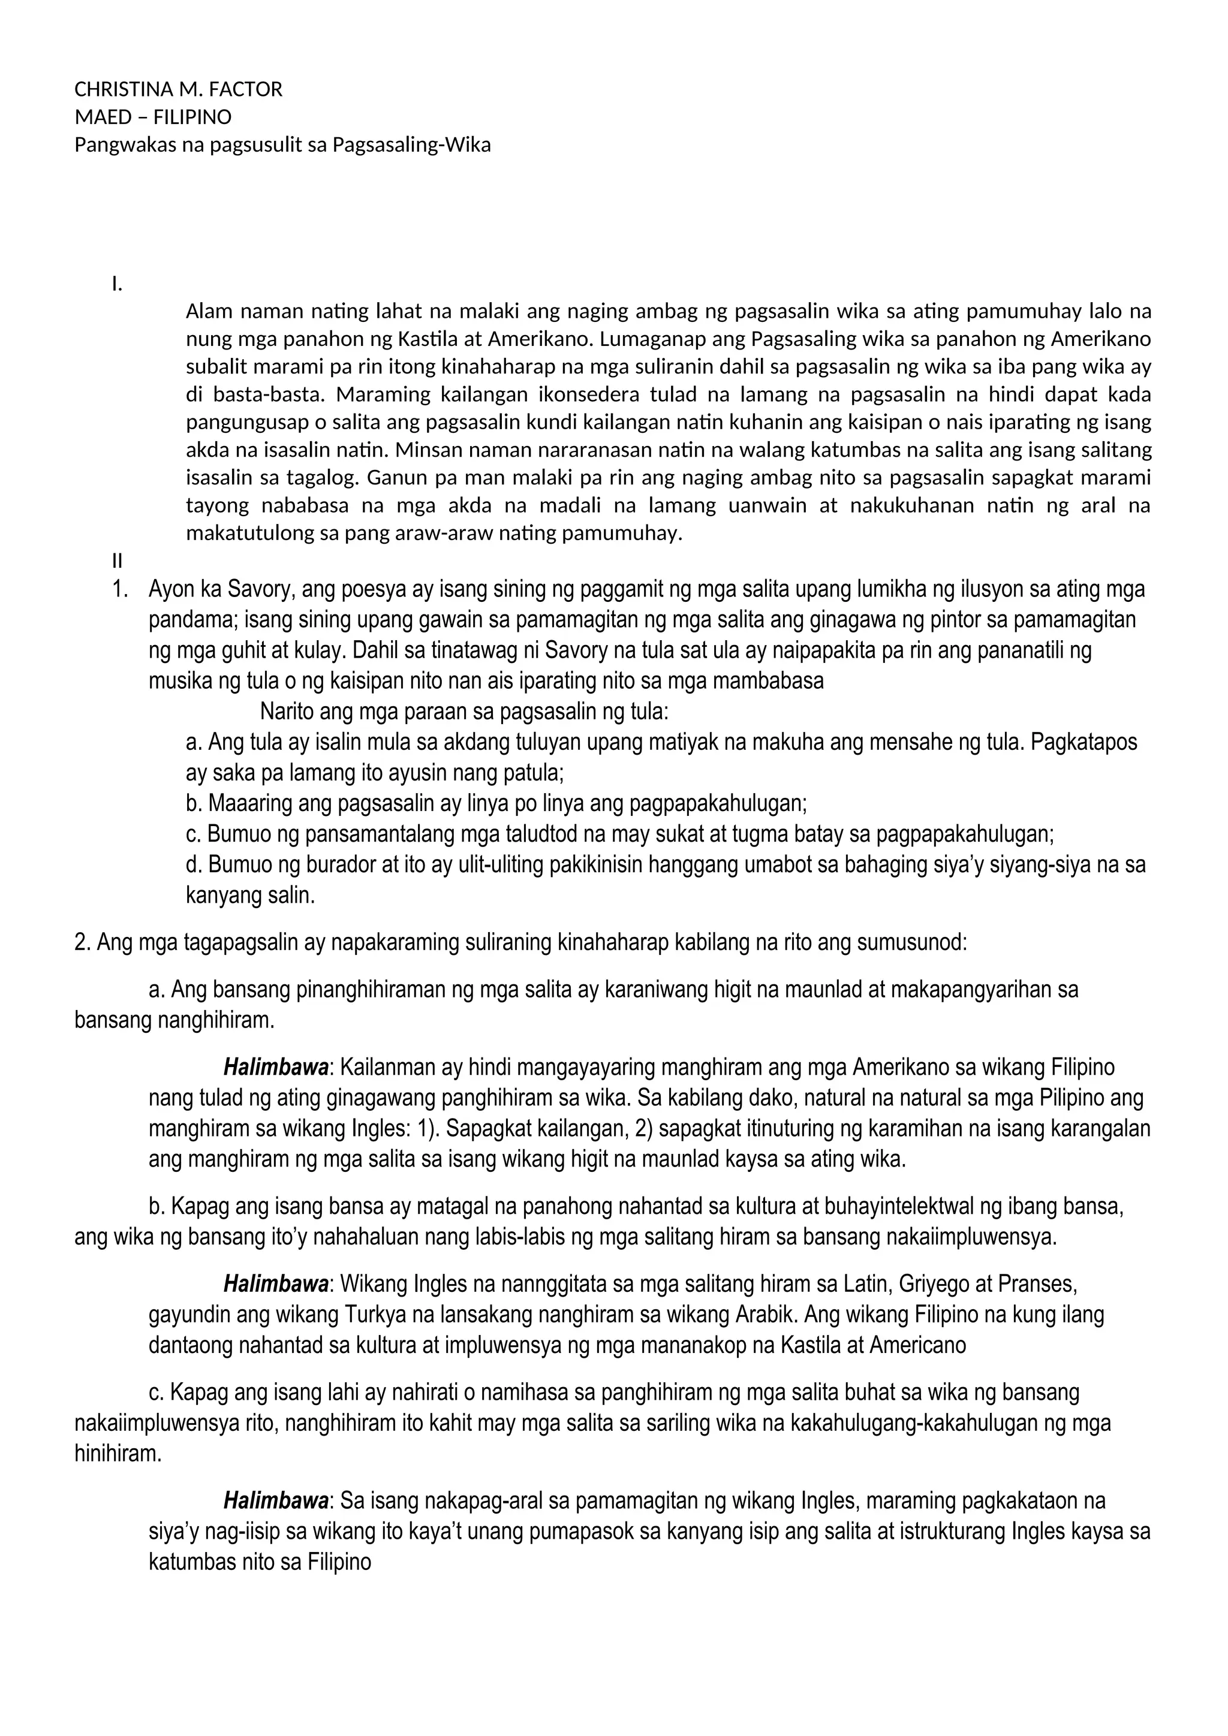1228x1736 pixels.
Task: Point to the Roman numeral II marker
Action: pyautogui.click(x=116, y=561)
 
